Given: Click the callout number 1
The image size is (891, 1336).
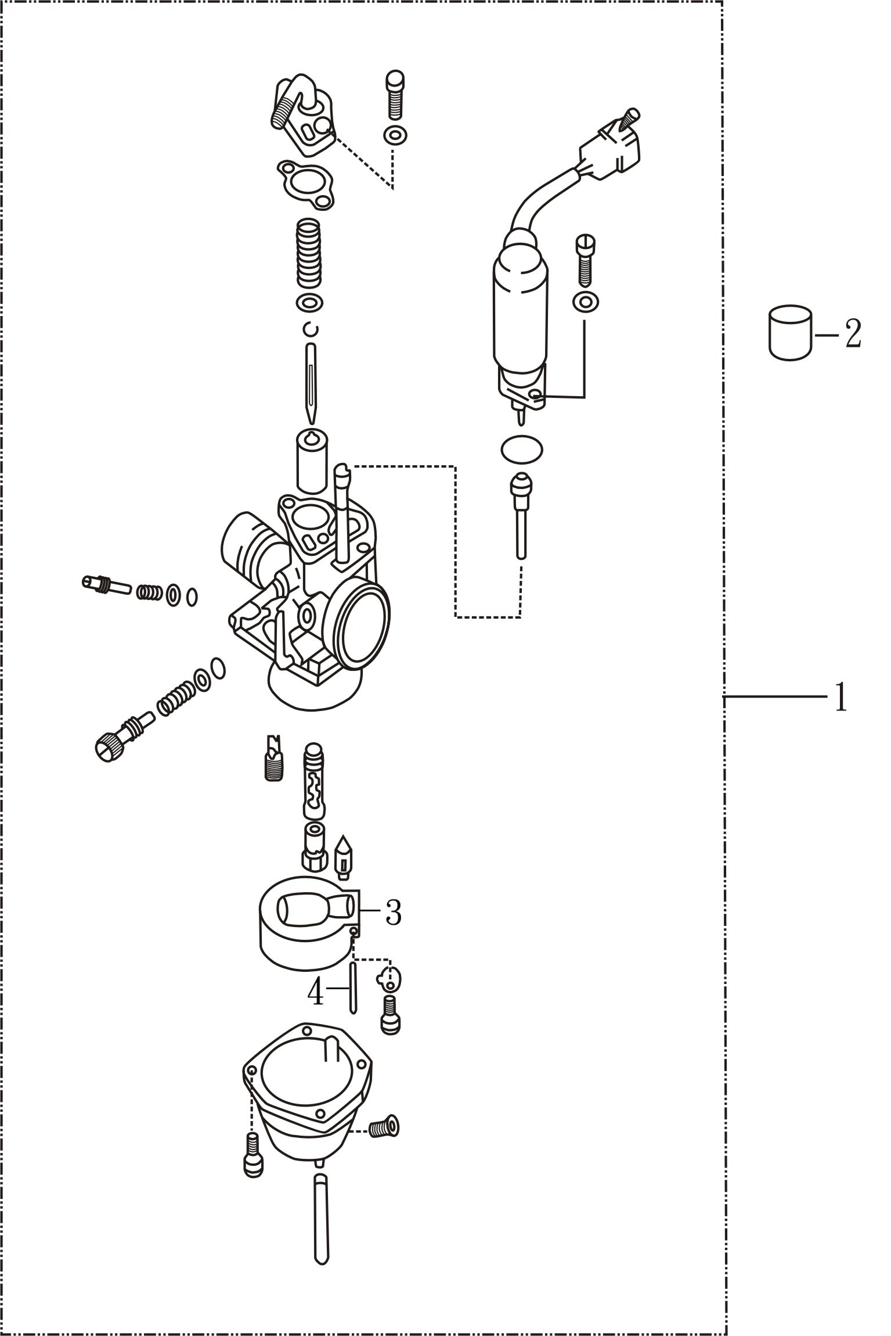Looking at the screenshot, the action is click(841, 697).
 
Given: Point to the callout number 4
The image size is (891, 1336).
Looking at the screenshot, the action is click(315, 993).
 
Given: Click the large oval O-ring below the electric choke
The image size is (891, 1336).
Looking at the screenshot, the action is click(521, 449).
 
